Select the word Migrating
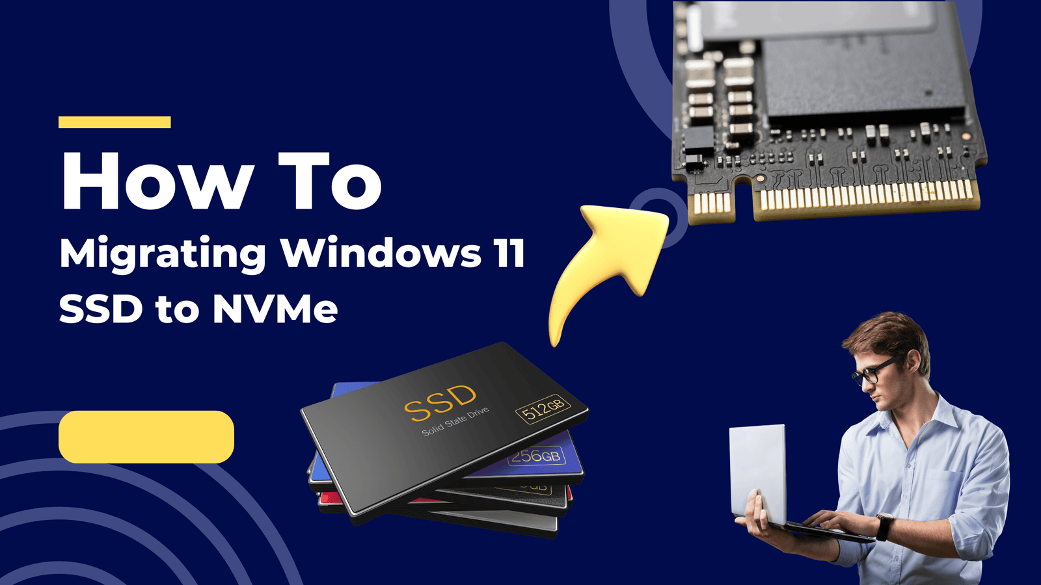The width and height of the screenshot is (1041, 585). pyautogui.click(x=163, y=255)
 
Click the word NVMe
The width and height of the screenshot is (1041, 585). pyautogui.click(x=275, y=309)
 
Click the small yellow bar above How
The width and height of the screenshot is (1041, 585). pyautogui.click(x=115, y=122)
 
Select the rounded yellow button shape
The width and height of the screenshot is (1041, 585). pyautogui.click(x=146, y=437)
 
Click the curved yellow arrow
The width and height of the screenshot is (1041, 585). pyautogui.click(x=599, y=269)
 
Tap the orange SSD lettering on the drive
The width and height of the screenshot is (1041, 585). pyautogui.click(x=440, y=404)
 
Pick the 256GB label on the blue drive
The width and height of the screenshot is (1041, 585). pyautogui.click(x=536, y=456)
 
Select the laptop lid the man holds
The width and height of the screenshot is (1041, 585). pyautogui.click(x=757, y=474)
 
